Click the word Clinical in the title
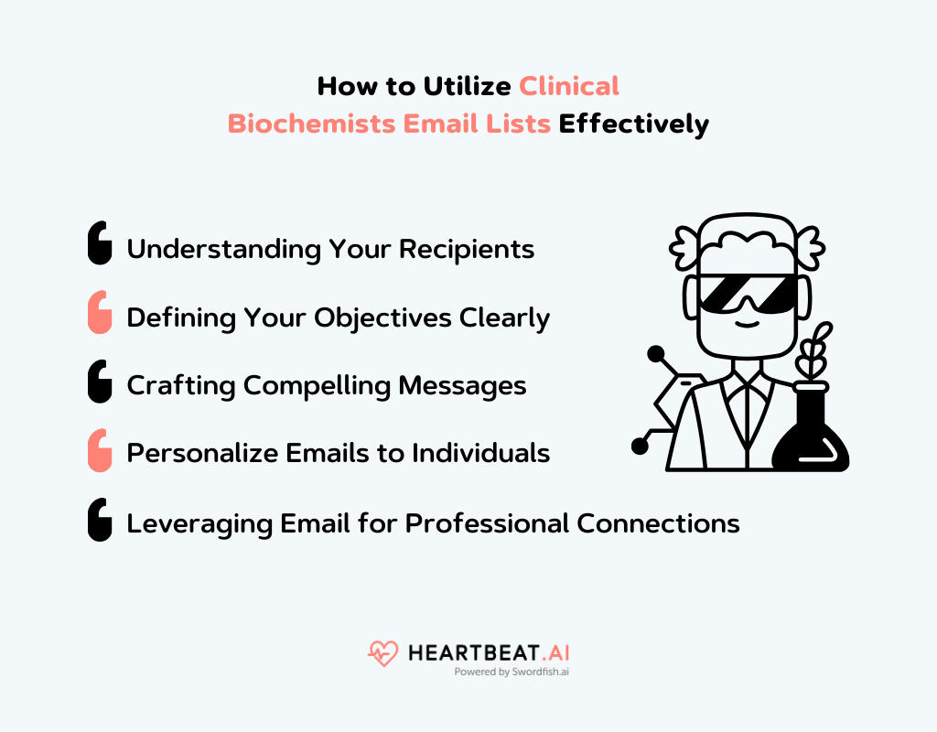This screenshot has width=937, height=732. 569,86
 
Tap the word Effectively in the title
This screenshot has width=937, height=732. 634,124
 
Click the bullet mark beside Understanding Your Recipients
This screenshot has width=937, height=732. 100,244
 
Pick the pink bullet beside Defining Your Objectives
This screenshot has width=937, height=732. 100,313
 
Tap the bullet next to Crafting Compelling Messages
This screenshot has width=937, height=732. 100,382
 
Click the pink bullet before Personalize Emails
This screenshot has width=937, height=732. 100,450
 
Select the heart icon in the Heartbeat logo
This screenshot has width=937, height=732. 382,653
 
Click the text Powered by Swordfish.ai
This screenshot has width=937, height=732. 511,672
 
